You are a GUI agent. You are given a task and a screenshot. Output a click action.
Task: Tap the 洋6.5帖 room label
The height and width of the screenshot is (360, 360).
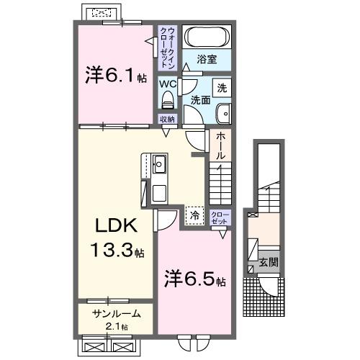point(195,279)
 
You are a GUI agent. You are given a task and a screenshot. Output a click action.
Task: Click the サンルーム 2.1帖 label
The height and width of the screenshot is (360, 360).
point(115,319)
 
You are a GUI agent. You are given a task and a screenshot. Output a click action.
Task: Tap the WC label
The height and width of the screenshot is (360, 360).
point(167,83)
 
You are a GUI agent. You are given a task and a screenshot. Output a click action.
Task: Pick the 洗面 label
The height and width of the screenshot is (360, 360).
point(202,100)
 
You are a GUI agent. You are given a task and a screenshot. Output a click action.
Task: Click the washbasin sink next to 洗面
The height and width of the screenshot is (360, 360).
point(223,112)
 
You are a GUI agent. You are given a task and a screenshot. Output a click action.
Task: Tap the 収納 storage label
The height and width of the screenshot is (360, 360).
point(167,120)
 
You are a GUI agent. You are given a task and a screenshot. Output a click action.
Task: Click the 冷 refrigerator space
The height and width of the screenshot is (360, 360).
point(194,214)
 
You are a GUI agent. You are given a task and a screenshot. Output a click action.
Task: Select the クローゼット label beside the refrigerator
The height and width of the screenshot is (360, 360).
point(220,217)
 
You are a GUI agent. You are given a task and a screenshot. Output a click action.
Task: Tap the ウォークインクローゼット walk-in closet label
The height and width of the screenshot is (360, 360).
point(167,46)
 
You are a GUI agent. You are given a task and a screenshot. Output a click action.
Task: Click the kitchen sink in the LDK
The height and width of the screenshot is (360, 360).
point(159,164)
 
